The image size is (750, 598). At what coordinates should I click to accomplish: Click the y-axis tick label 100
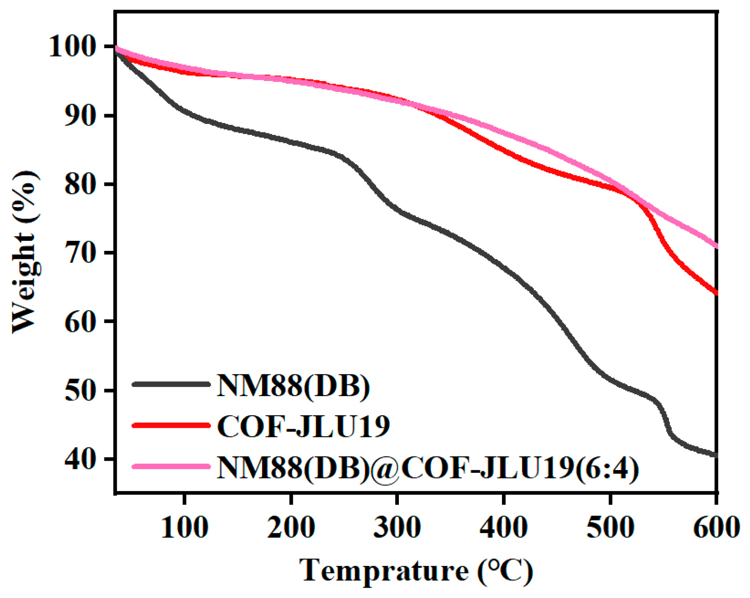point(71,47)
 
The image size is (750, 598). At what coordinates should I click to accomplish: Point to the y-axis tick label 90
point(79,116)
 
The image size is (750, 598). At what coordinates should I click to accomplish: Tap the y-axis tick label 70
point(79,253)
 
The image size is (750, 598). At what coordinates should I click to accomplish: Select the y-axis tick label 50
point(79,390)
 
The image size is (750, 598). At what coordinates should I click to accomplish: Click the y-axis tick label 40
point(79,459)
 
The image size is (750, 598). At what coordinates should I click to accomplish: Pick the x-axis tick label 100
point(185,527)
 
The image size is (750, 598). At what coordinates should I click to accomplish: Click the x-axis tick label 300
point(397,527)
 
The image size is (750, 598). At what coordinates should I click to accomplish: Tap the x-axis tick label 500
point(610,527)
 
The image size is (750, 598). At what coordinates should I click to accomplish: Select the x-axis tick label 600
point(717,527)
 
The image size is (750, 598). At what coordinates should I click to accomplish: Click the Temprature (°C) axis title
point(416,570)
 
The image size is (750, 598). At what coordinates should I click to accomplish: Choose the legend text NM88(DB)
point(293,386)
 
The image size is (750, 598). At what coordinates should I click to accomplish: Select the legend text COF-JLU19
point(303,426)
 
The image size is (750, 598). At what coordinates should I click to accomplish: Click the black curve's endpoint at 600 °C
point(715,455)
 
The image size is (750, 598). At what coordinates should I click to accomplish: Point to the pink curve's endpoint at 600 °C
point(715,246)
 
